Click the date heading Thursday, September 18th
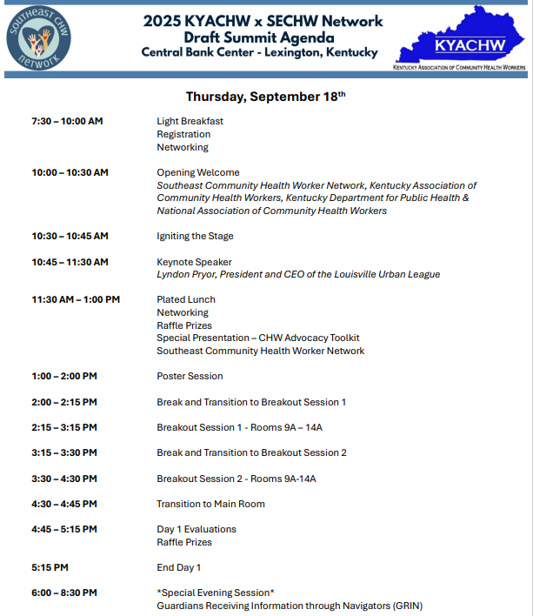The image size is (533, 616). pos(265,96)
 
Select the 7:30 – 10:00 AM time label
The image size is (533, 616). pos(67,121)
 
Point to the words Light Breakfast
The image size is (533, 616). pos(190,121)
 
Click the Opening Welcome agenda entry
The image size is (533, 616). pos(198,172)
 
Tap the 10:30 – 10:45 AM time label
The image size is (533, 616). pos(70,236)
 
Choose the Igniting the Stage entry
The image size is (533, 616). pos(195,236)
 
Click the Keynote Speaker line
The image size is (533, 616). pos(194,262)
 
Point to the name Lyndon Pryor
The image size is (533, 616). pos(187,275)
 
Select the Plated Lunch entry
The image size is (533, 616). pos(186,299)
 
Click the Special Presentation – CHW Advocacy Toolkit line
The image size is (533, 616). pos(258,338)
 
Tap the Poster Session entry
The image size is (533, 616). pos(190,376)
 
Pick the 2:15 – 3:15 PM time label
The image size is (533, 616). pos(64,427)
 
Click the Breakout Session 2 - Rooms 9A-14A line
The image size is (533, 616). pos(237,479)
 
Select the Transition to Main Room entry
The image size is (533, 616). pos(210,504)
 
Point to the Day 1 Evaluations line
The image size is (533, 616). pos(197,529)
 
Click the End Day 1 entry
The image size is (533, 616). pos(179,567)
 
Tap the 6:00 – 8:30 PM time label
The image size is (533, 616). pos(64,593)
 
